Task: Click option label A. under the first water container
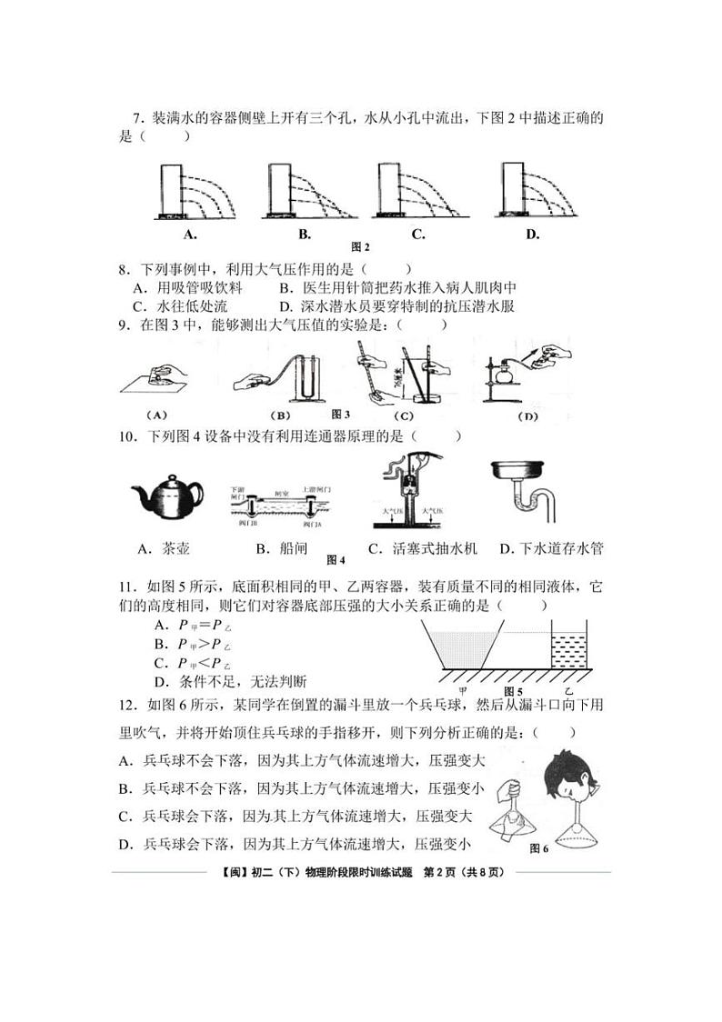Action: click(190, 235)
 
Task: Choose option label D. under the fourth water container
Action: click(532, 235)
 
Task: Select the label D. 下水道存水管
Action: click(552, 549)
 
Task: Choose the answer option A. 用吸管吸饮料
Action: click(186, 287)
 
